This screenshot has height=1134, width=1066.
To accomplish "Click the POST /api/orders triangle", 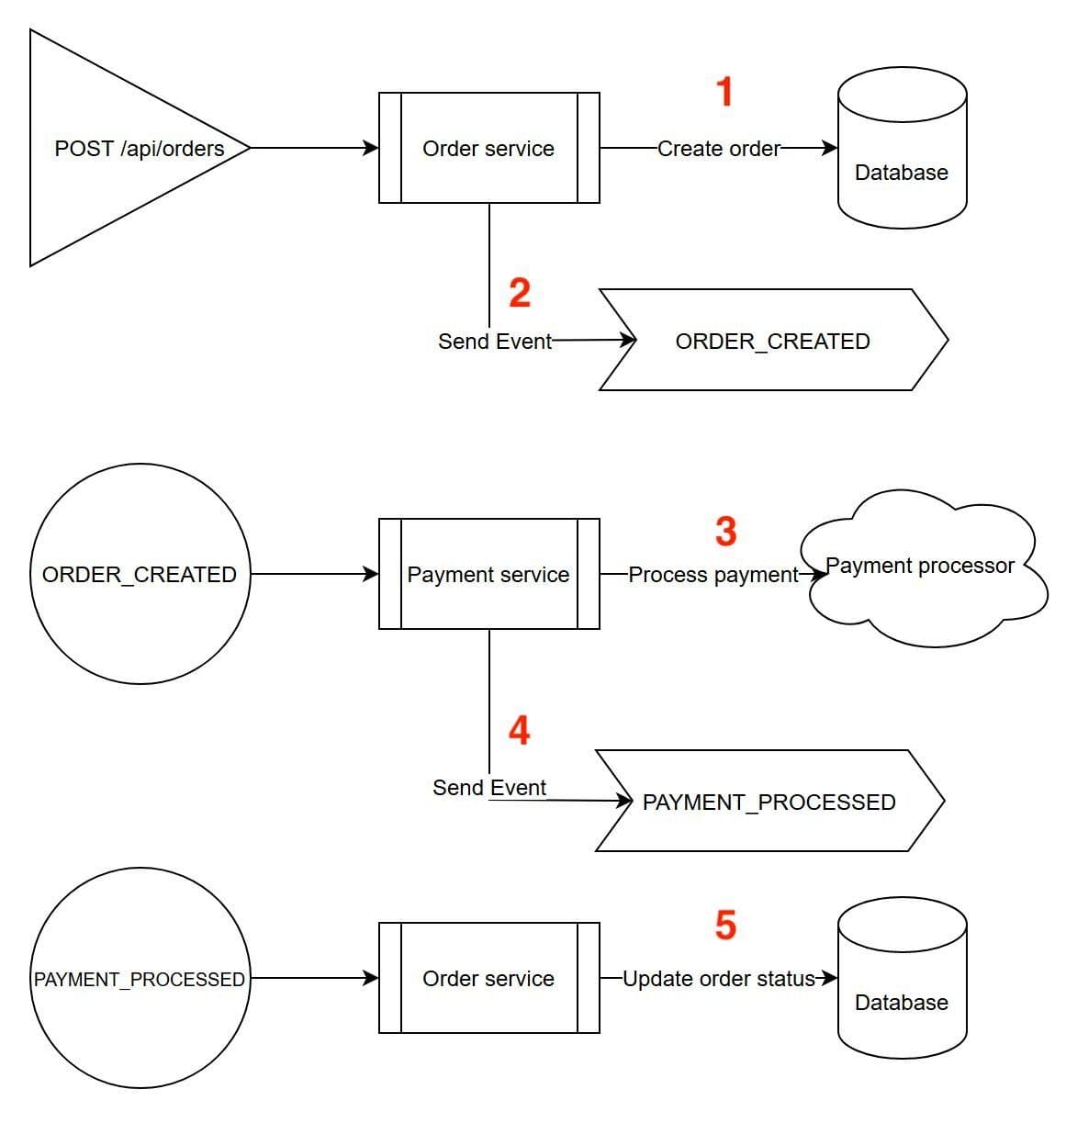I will click(x=129, y=148).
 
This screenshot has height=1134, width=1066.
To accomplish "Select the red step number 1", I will click(x=724, y=92).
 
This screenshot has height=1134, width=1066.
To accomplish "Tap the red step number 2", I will click(x=520, y=293).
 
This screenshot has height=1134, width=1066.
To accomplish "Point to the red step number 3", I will click(x=725, y=532).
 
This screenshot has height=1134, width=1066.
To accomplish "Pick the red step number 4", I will click(x=519, y=731).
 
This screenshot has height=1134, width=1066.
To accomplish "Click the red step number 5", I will click(x=725, y=925).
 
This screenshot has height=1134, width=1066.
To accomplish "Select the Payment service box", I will click(x=488, y=574).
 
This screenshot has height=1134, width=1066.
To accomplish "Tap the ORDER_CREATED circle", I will click(x=140, y=574).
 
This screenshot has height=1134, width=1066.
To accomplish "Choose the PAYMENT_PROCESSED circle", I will click(x=140, y=979).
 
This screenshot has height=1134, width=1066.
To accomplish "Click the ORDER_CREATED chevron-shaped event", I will click(x=772, y=341).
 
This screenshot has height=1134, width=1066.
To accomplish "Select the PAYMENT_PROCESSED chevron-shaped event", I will click(x=769, y=802).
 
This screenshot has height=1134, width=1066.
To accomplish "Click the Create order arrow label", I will click(x=719, y=149).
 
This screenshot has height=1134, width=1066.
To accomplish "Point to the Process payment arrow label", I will click(x=713, y=575).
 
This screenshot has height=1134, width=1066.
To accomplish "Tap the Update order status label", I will click(x=719, y=979).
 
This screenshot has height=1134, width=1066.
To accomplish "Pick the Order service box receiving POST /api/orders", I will click(x=488, y=148).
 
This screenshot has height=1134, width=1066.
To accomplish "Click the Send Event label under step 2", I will click(x=495, y=342).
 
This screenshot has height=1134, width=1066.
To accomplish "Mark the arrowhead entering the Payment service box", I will click(x=371, y=574).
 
